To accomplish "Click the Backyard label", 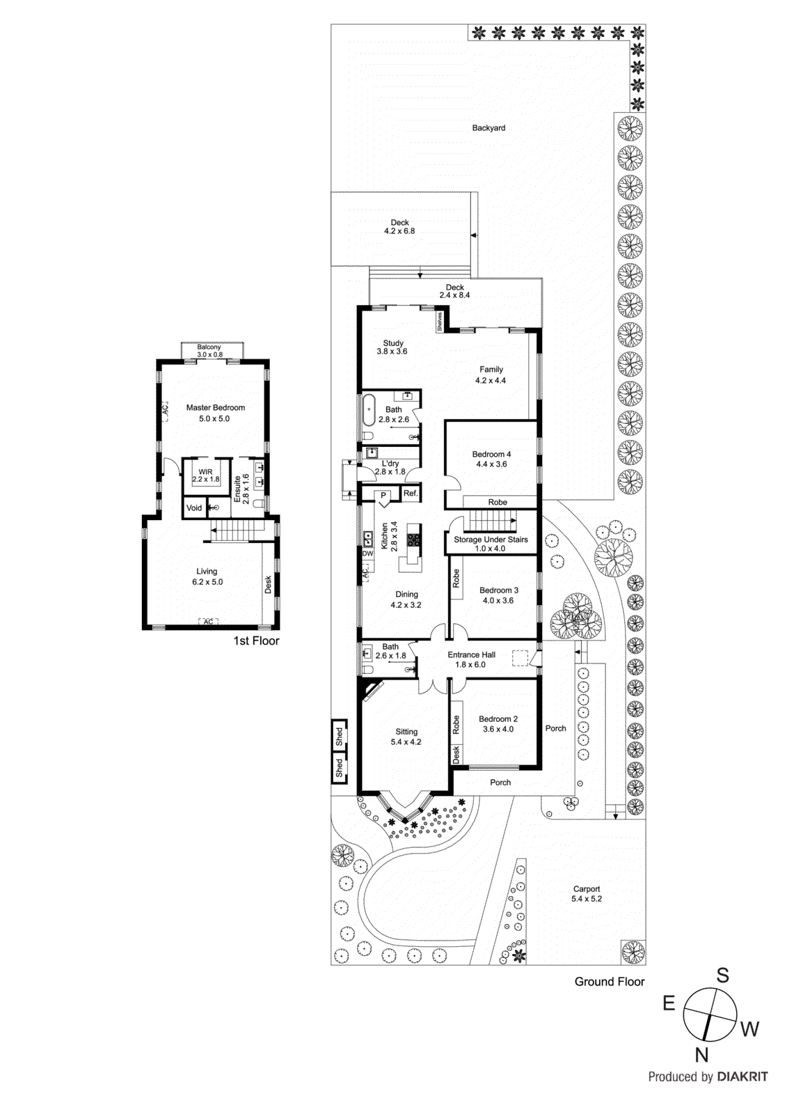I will tap(488, 128).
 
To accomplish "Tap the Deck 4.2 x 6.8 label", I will tap(399, 227).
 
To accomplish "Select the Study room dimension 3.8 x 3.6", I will tap(392, 352).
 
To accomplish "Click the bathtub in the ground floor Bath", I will tap(369, 411).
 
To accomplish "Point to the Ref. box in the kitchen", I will tap(411, 493).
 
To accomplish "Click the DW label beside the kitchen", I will tap(367, 554).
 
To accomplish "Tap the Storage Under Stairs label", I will tap(491, 540).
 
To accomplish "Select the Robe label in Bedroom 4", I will tap(498, 502).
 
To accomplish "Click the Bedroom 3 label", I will tap(499, 590).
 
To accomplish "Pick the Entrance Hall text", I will tap(471, 654).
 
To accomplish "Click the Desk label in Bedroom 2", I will tap(456, 755).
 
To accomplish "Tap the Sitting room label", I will tap(406, 732).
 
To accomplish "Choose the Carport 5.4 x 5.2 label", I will tap(587, 894).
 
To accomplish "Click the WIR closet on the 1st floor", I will tap(206, 476).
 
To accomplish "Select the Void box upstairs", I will tap(194, 508).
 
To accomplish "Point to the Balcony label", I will tap(209, 347).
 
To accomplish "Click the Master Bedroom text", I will tap(215, 408).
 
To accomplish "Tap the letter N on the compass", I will tap(701, 1056).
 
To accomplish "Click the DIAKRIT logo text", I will tap(742, 1076).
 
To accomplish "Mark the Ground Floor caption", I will tap(609, 982).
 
